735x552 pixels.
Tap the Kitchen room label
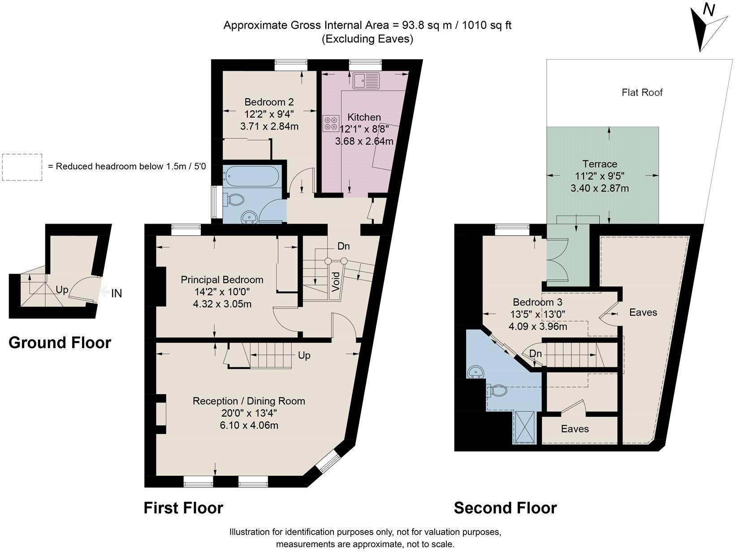pyautogui.click(x=364, y=117)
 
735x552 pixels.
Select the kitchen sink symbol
pyautogui.click(x=366, y=81)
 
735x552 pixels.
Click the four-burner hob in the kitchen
pyautogui.click(x=331, y=124)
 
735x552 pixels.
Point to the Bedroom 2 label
pyautogui.click(x=269, y=102)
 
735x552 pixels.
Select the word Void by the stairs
pyautogui.click(x=336, y=281)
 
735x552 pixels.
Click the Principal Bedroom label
pyautogui.click(x=222, y=280)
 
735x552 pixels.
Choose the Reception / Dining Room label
pyautogui.click(x=249, y=401)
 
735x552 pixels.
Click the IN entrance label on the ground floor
pyautogui.click(x=117, y=293)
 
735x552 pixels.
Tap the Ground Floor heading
pyautogui.click(x=60, y=343)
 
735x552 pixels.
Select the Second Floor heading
pyautogui.click(x=505, y=508)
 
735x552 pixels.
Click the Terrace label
pyautogui.click(x=600, y=164)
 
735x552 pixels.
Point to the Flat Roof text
pyautogui.click(x=642, y=92)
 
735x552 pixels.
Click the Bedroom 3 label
pyautogui.click(x=537, y=302)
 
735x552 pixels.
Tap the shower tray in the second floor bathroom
pyautogui.click(x=524, y=427)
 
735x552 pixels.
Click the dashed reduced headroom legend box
pyautogui.click(x=22, y=167)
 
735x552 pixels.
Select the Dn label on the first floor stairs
pyautogui.click(x=343, y=246)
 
